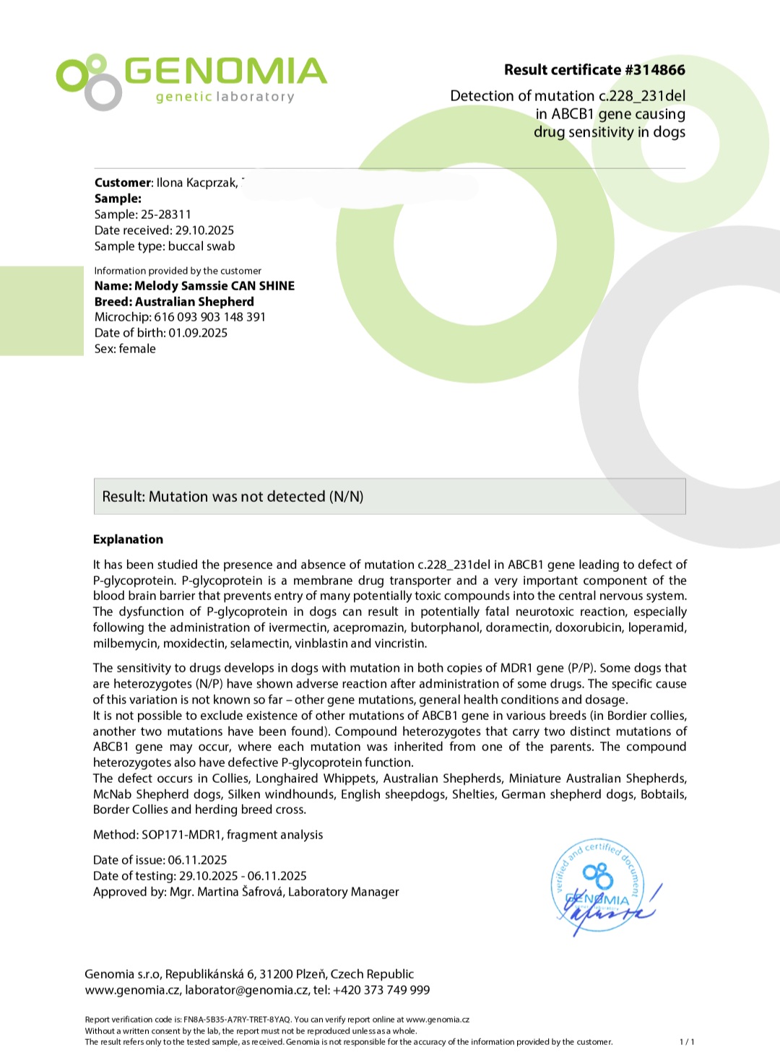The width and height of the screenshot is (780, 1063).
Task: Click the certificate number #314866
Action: click(655, 70)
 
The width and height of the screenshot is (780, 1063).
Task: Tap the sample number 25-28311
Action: click(166, 214)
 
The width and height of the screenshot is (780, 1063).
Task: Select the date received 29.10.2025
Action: click(204, 230)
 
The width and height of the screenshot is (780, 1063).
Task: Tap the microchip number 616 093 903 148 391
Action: click(209, 317)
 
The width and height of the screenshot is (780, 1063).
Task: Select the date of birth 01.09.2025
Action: click(198, 333)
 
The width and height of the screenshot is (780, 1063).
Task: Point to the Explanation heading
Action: click(128, 539)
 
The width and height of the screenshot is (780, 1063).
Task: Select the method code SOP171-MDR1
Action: click(181, 835)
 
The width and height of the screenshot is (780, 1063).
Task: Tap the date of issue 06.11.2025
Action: click(197, 860)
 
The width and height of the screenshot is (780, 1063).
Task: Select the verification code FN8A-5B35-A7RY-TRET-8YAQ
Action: click(237, 1020)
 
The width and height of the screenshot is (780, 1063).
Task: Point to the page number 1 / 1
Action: click(687, 1042)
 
